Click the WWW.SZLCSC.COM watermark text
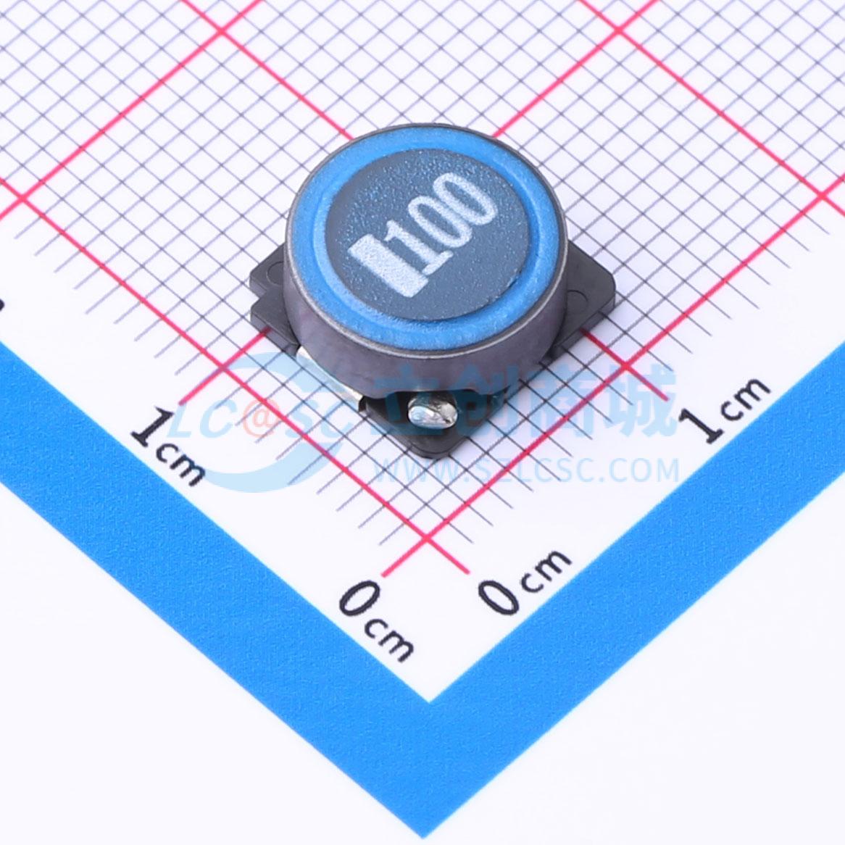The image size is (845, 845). (x=527, y=471)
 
